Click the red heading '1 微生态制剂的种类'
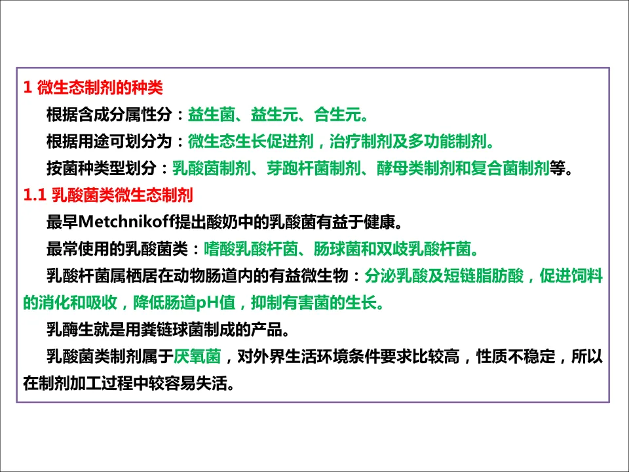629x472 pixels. (x=92, y=87)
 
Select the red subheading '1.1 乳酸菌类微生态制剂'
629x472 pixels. (x=107, y=195)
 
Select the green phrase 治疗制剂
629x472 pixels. (x=360, y=142)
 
